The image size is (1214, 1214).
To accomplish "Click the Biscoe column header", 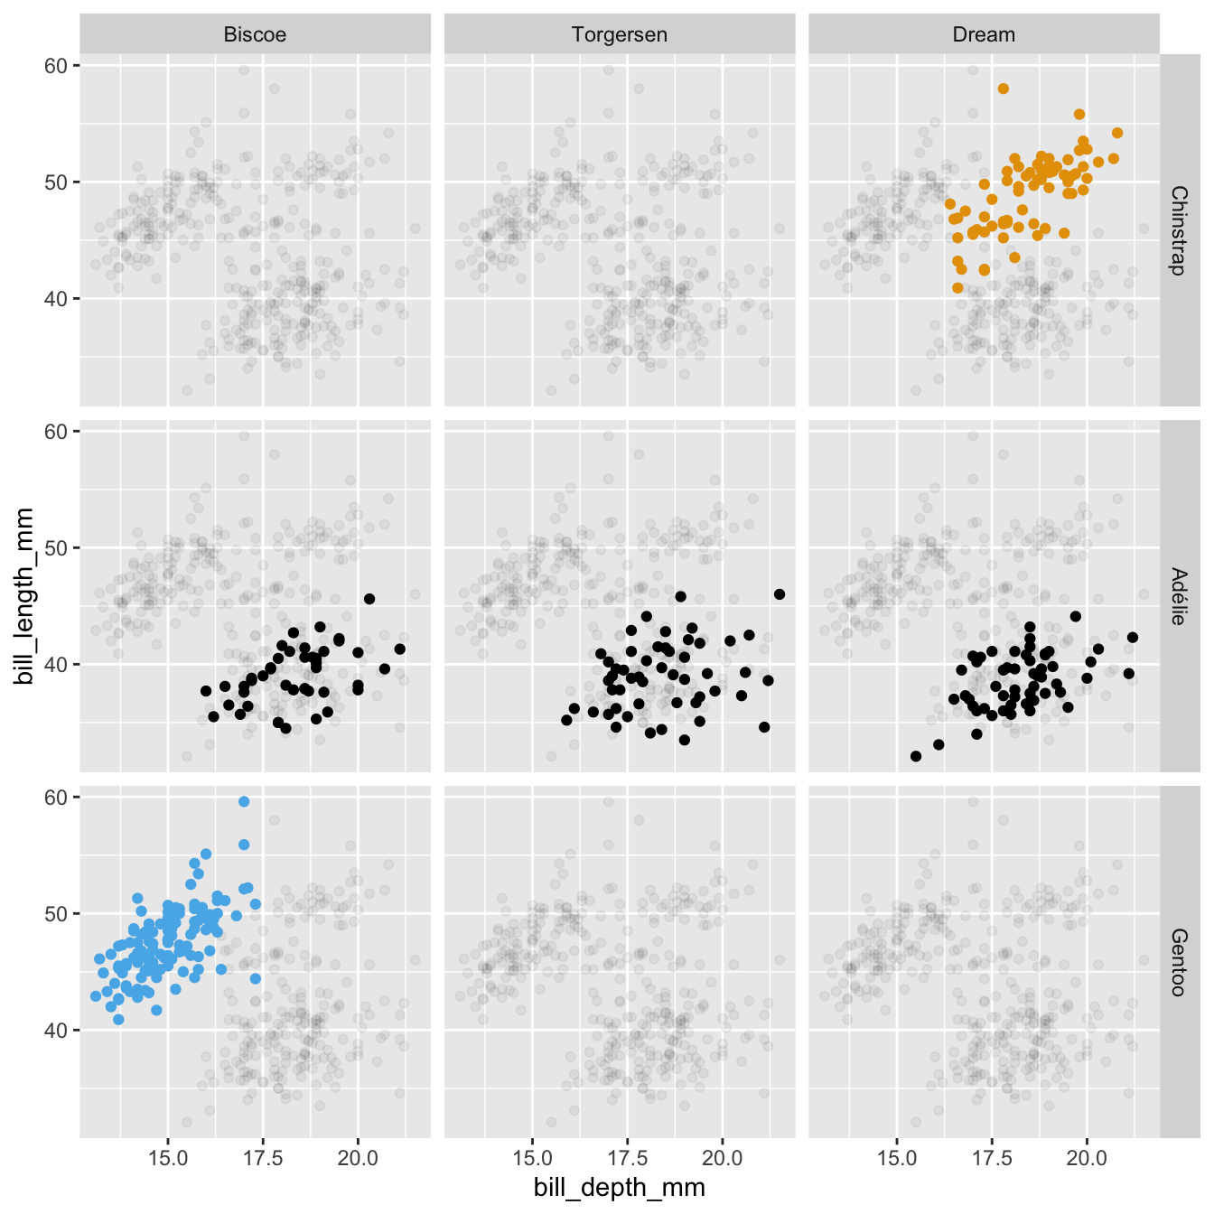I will coord(255,35).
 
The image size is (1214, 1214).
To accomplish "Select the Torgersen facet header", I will coord(619,35).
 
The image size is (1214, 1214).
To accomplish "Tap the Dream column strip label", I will coord(984,35).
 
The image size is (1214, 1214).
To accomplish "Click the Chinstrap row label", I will coord(1178,230).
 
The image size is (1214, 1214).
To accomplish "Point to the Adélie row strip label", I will coord(1178,596).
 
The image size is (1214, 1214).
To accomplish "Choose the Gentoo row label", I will coord(1178,962).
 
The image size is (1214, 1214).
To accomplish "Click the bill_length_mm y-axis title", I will coord(24,595).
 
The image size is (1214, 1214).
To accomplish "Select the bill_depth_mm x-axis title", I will coord(619,1187).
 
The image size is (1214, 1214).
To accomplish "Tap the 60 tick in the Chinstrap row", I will coord(57,66).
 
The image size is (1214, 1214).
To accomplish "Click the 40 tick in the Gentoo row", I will coord(57,1030).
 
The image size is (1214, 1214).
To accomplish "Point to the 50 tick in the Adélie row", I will coord(57,548).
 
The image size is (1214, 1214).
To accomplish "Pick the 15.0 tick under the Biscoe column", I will coord(167,1158).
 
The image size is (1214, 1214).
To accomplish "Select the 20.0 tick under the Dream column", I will coord(1087,1158).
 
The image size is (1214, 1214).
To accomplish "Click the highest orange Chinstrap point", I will coord(1004,89).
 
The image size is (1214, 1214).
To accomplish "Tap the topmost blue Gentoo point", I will coord(244,801).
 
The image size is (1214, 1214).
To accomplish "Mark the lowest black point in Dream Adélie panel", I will coord(916,756).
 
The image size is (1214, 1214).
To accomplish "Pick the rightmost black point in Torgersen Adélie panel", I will coord(780,593).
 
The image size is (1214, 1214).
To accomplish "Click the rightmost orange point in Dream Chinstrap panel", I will coord(1117,133).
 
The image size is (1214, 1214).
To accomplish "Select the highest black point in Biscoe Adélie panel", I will coord(369,599).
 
